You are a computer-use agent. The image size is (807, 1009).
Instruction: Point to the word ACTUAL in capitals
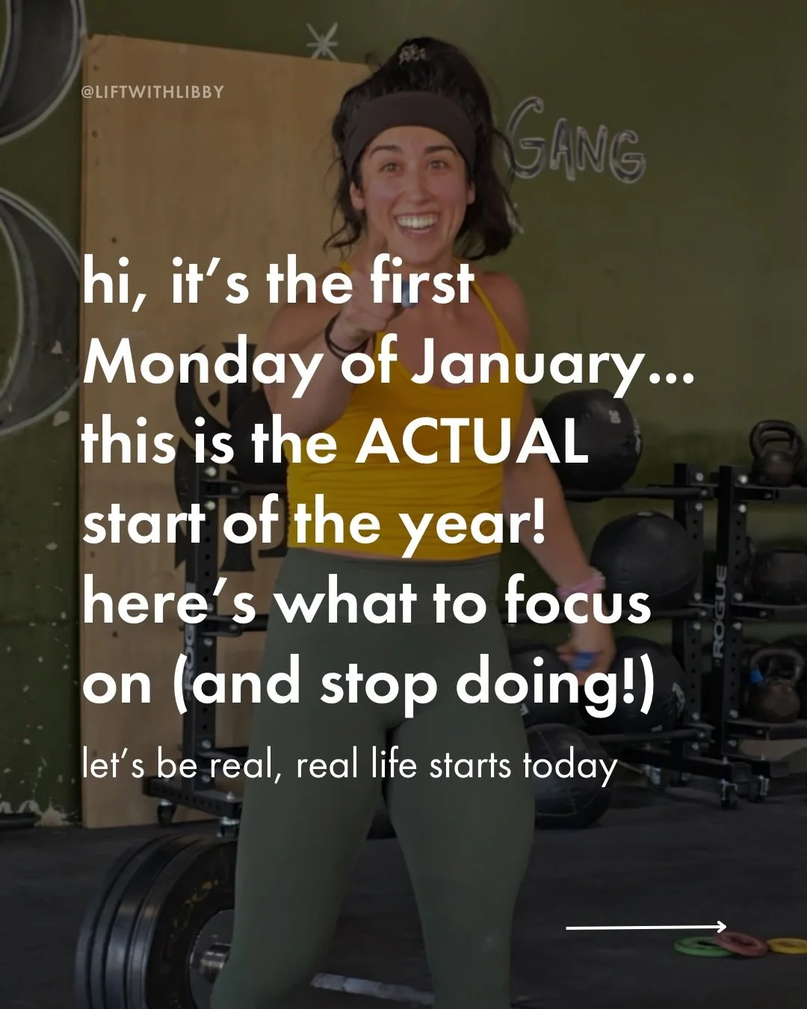point(471,442)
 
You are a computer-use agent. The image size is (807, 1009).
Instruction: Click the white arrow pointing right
point(646,928)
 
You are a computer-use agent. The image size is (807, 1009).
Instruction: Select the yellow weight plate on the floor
point(788,945)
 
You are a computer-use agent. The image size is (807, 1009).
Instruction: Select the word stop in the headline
point(378,684)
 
